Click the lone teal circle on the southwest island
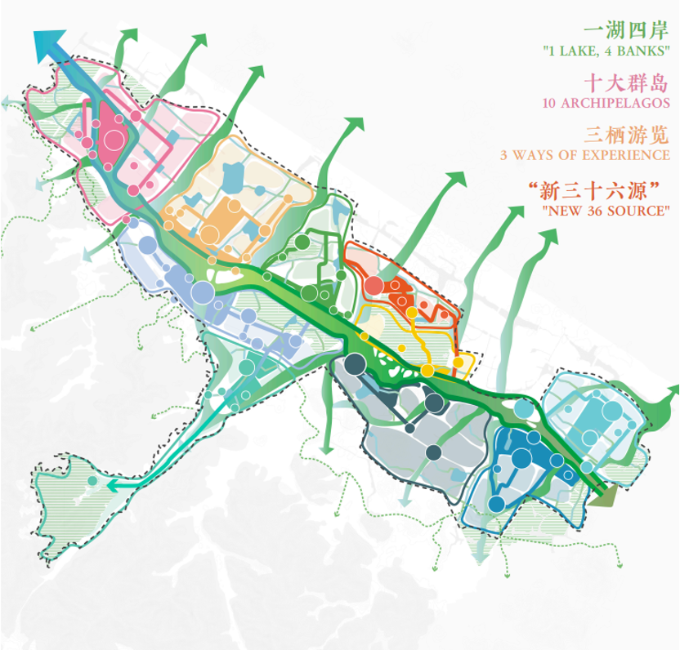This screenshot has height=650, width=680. (93, 482)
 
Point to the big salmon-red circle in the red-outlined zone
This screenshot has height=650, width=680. (373, 285)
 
